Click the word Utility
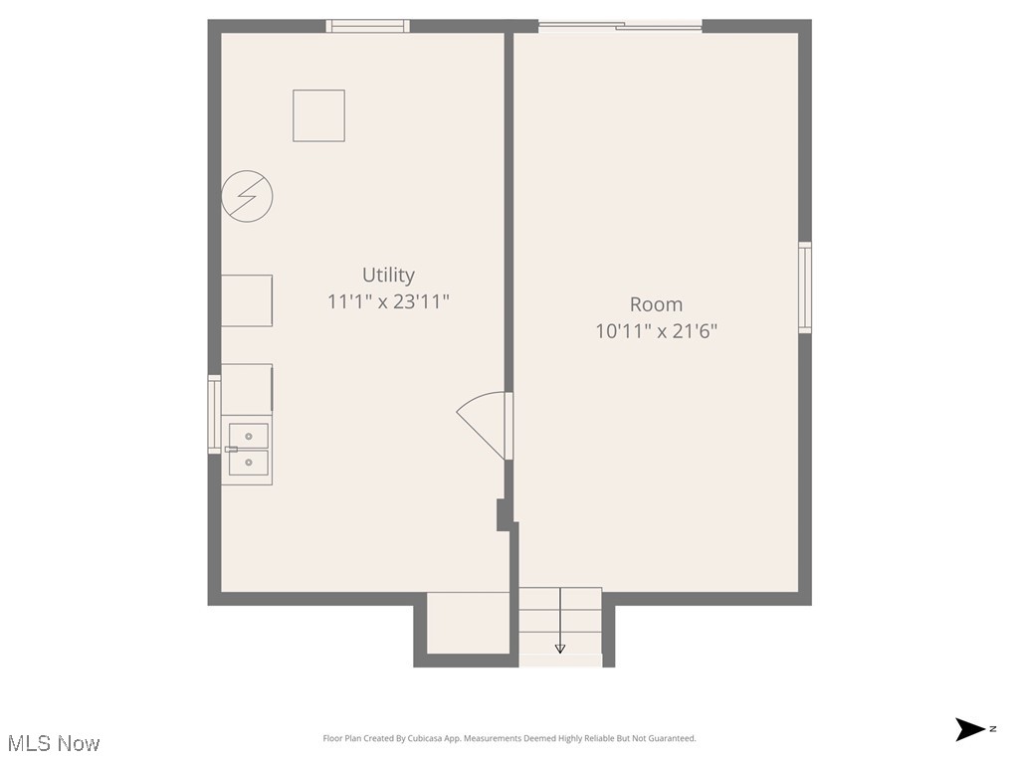point(388,276)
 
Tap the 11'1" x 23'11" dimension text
point(388,300)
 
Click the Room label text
point(656,304)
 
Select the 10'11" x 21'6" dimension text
point(656,330)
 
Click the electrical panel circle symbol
point(247,197)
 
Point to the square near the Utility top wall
point(318,115)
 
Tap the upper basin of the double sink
point(248,436)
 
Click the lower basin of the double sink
point(248,462)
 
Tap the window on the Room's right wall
point(805,287)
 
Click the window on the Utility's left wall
point(214,414)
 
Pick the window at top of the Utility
point(368,27)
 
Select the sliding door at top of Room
point(620,27)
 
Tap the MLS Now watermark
point(54,743)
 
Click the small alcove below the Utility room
point(468,624)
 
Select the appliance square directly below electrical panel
point(246,300)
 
